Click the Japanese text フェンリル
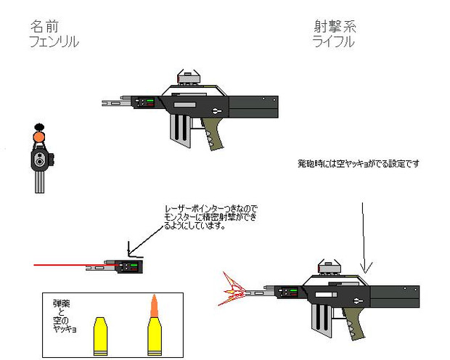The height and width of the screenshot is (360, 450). (52, 42)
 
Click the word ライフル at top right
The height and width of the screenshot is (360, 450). (333, 42)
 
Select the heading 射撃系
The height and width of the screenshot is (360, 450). (335, 27)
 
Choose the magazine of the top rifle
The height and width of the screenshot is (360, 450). (180, 131)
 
